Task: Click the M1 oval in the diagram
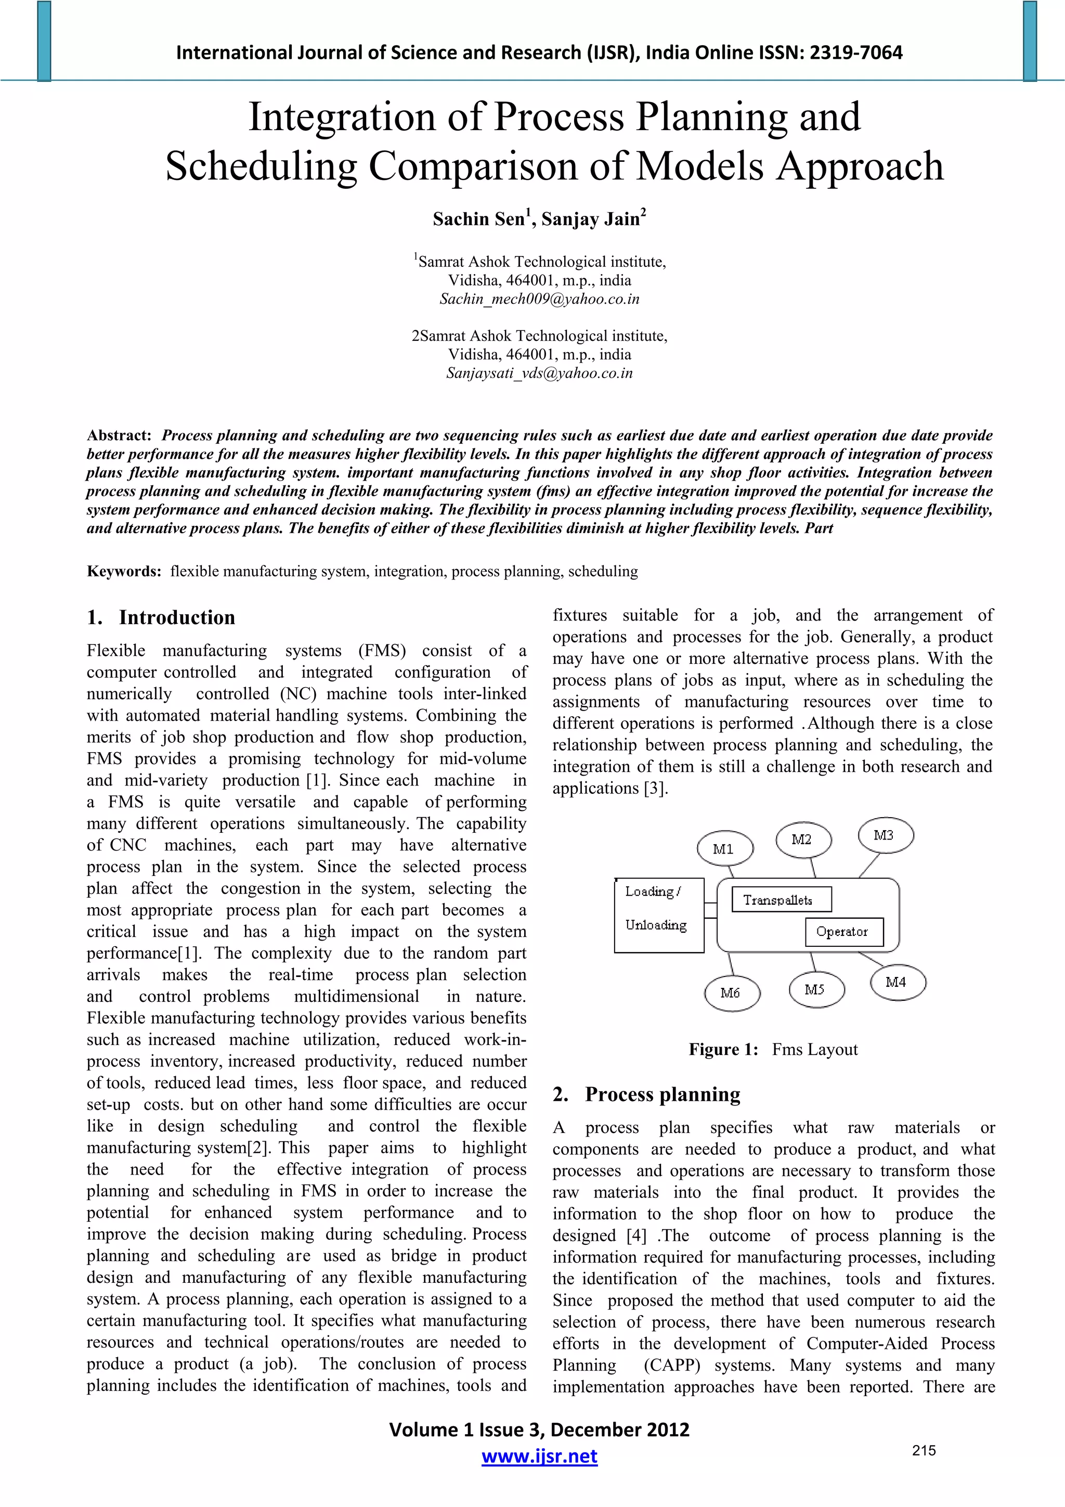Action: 724,848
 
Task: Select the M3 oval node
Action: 885,835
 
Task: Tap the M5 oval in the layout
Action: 815,989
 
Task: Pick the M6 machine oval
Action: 731,993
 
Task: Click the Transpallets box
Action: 781,899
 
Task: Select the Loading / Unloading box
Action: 658,915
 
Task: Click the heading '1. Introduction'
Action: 161,617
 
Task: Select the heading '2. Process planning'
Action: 646,1094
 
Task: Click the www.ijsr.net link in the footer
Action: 539,1457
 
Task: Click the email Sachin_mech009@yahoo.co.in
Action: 539,299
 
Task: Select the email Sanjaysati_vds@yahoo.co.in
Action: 539,373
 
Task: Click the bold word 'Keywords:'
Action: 124,572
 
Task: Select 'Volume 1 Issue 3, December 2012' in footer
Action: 539,1429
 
